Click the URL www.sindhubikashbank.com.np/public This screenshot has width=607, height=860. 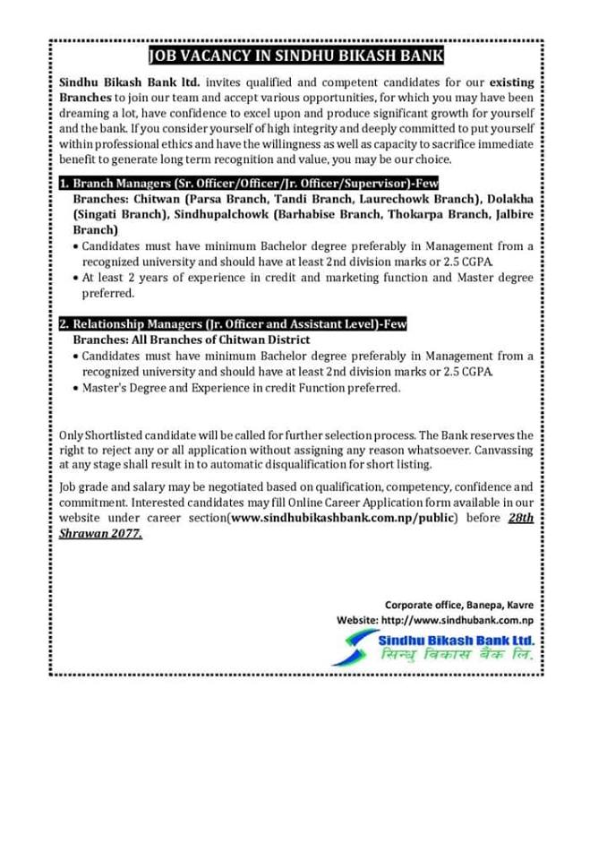pyautogui.click(x=344, y=519)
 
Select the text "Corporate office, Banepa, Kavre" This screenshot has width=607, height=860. pyautogui.click(x=459, y=605)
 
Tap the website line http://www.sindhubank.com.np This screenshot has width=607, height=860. pyautogui.click(x=435, y=620)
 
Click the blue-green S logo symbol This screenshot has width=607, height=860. pyautogui.click(x=355, y=647)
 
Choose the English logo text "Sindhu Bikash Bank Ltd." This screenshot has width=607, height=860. pyautogui.click(x=456, y=641)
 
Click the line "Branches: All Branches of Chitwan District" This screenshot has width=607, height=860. pyautogui.click(x=191, y=340)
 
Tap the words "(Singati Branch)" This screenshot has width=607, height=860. pyautogui.click(x=115, y=214)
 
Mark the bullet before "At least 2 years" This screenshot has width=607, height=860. pyautogui.click(x=75, y=278)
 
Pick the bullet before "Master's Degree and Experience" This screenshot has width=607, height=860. pyautogui.click(x=75, y=388)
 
